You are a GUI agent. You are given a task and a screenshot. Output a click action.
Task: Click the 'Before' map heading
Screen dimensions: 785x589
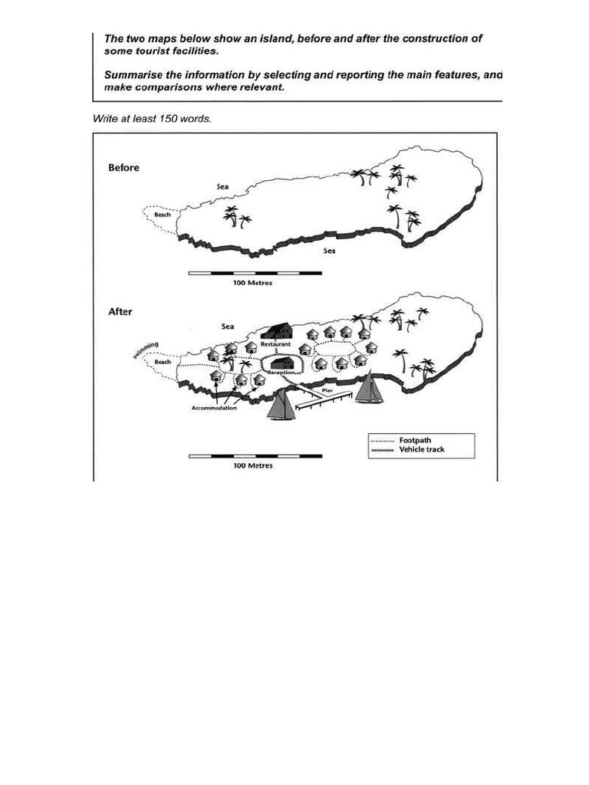coord(123,168)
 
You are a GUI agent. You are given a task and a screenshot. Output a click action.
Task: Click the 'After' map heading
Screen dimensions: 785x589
coord(120,312)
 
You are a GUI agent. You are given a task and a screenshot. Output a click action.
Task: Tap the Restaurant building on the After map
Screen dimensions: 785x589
coord(277,330)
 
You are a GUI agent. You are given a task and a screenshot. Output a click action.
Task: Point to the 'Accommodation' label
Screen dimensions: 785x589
coord(214,409)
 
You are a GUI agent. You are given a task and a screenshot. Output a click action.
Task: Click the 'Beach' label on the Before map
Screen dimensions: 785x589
coord(163,215)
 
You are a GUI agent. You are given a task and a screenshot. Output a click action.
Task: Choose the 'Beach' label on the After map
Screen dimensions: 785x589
coord(162,361)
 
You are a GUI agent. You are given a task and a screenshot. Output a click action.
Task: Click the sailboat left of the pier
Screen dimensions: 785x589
coord(281,404)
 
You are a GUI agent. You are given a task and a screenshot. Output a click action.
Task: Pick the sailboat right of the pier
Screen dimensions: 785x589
coord(370,388)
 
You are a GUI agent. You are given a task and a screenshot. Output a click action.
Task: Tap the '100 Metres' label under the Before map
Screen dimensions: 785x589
coord(252,282)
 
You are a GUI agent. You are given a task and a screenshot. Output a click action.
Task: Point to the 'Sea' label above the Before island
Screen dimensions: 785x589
coord(222,186)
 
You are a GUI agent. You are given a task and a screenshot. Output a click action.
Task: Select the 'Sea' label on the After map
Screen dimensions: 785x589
coord(227,327)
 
